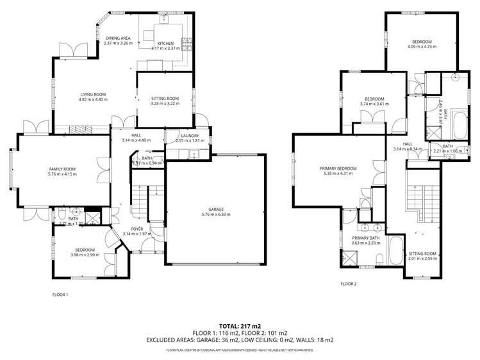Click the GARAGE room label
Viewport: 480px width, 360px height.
point(215,209)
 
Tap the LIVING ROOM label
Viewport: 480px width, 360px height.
point(92,94)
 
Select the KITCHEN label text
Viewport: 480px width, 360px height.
point(165,43)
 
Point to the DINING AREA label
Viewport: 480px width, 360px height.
point(119,38)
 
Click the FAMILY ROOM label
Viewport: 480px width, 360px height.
point(62,169)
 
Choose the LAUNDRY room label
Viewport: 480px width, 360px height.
point(190,135)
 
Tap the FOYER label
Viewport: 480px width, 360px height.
point(138,228)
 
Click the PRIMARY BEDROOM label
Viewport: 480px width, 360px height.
point(338,168)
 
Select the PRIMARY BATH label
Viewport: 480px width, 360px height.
point(365,237)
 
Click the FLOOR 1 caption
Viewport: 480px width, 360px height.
point(60,295)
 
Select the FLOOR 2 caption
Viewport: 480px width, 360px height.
point(348,282)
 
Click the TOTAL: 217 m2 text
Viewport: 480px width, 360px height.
point(240,325)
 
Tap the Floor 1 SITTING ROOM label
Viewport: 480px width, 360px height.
point(165,99)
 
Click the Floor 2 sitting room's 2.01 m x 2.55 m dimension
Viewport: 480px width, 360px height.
point(423,259)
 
